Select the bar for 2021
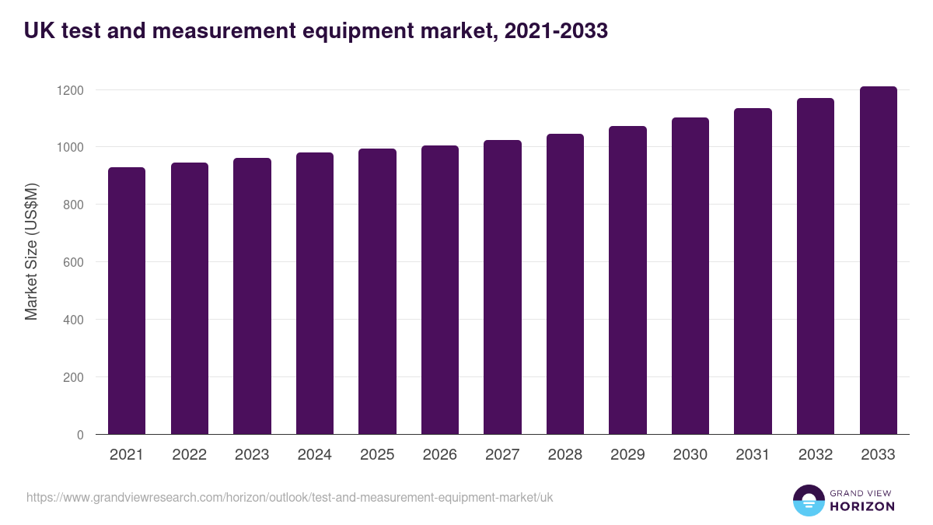click(127, 301)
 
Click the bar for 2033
click(878, 261)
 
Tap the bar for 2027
click(502, 287)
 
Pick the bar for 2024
click(315, 293)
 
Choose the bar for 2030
click(690, 276)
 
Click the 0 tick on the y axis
click(80, 435)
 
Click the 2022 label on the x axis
click(190, 455)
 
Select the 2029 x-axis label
click(627, 455)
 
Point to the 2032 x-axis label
click(816, 455)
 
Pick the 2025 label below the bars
click(377, 455)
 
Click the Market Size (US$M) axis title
click(31, 251)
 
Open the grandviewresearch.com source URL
click(290, 497)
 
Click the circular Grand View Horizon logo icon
click(808, 500)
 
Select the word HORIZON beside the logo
click(861, 506)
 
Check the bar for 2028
click(565, 284)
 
